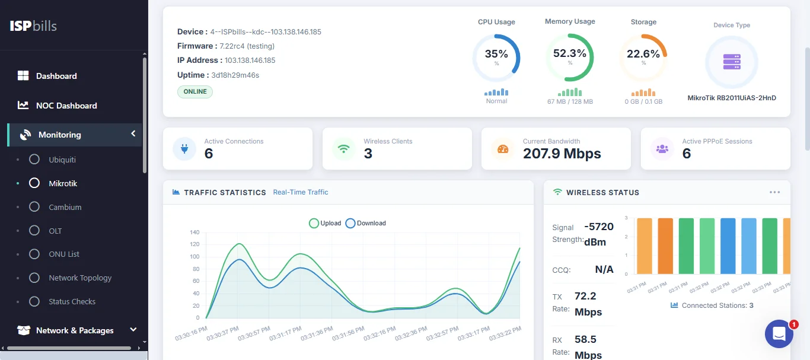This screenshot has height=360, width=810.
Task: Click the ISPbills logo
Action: click(33, 26)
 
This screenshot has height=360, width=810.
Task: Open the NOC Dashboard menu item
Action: click(66, 106)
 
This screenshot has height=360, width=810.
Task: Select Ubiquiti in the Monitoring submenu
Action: click(62, 160)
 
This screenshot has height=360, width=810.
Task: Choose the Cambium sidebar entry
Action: click(65, 207)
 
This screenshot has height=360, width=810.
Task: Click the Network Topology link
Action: click(79, 278)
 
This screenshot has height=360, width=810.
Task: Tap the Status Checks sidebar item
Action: click(72, 301)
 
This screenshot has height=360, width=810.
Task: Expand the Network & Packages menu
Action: click(75, 330)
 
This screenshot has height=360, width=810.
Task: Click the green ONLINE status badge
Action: click(195, 91)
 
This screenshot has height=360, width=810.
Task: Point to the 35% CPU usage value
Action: click(496, 54)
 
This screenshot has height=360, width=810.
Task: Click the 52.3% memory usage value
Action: click(570, 53)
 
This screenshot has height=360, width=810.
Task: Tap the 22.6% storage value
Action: click(643, 54)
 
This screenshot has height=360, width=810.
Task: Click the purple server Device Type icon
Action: click(731, 62)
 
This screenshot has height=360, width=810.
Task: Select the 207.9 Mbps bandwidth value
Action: click(562, 154)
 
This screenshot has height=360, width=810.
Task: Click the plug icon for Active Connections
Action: click(184, 149)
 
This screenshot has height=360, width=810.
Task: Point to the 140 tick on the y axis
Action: click(194, 232)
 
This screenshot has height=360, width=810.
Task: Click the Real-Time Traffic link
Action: click(300, 192)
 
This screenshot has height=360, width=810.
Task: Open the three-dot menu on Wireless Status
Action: click(774, 192)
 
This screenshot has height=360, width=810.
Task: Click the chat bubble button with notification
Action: click(779, 334)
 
